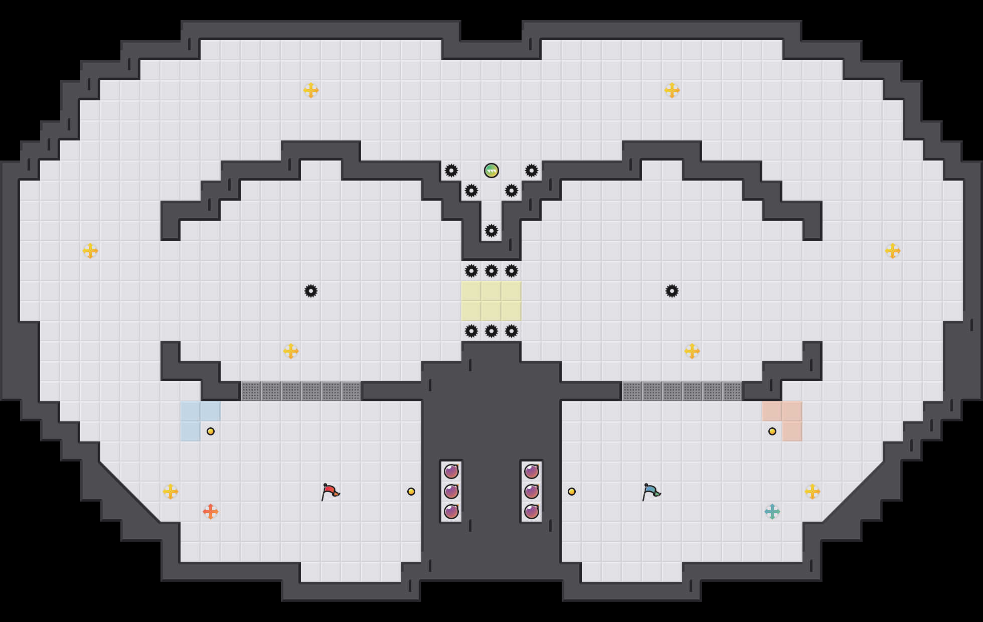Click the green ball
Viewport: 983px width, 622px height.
pyautogui.click(x=491, y=171)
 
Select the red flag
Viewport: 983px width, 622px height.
pyautogui.click(x=330, y=492)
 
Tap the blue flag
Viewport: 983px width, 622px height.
pyautogui.click(x=650, y=492)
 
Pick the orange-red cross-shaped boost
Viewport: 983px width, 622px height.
pyautogui.click(x=211, y=512)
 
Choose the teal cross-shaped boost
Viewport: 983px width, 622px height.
pyautogui.click(x=772, y=512)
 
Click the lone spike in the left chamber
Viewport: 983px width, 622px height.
pyautogui.click(x=311, y=291)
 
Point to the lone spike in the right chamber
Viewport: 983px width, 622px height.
pyautogui.click(x=672, y=291)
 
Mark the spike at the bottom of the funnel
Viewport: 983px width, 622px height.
pyautogui.click(x=491, y=231)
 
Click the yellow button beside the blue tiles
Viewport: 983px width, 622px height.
pyautogui.click(x=211, y=431)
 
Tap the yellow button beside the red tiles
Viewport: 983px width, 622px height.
pyautogui.click(x=772, y=431)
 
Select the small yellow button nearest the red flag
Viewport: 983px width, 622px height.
pyautogui.click(x=411, y=492)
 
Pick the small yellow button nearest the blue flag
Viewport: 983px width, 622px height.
pyautogui.click(x=572, y=492)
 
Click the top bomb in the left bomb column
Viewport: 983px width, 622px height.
pyautogui.click(x=451, y=472)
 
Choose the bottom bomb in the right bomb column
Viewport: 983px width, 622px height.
pyautogui.click(x=532, y=512)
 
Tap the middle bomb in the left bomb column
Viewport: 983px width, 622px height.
pyautogui.click(x=451, y=492)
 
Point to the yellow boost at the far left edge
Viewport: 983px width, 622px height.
pyautogui.click(x=90, y=251)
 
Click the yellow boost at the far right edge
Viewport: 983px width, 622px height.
pyautogui.click(x=893, y=251)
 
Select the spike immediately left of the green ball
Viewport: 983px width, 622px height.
pyautogui.click(x=451, y=171)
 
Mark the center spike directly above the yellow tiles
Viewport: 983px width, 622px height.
pyautogui.click(x=491, y=271)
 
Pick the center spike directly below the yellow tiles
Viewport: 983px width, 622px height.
pyautogui.click(x=491, y=331)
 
